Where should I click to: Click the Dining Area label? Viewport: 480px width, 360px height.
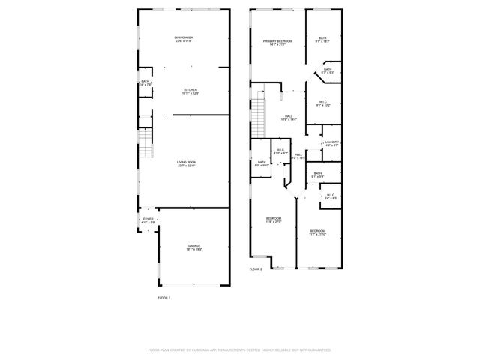[x=184, y=39]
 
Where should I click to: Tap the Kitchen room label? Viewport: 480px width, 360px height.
[x=190, y=91]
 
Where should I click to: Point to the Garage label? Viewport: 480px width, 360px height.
[x=193, y=247]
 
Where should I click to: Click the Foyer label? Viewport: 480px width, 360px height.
[x=148, y=220]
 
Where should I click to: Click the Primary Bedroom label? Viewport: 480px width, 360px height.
[x=277, y=42]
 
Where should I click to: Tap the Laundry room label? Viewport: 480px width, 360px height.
[x=331, y=143]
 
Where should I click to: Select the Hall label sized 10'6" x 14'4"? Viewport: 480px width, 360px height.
[x=289, y=118]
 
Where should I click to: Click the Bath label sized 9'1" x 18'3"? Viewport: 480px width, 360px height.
[x=322, y=40]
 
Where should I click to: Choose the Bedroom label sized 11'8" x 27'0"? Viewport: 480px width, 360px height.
[x=273, y=220]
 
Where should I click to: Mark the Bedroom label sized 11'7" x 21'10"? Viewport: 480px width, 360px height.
[x=318, y=232]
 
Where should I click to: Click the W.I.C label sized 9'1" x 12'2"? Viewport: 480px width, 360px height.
[x=323, y=103]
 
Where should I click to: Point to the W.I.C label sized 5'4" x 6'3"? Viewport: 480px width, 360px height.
[x=331, y=196]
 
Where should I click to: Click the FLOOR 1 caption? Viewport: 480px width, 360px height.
[x=164, y=298]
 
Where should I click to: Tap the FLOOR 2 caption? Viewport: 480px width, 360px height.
[x=256, y=268]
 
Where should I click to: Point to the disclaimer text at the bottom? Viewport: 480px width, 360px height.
[x=240, y=349]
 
